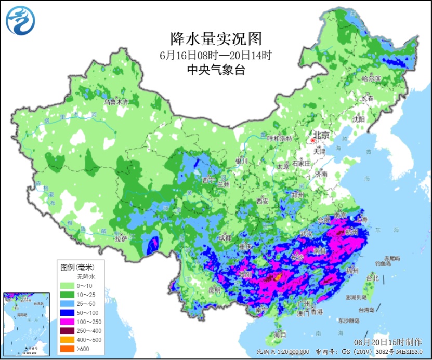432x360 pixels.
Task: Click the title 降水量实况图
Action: point(216,38)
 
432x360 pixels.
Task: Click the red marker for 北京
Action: point(313,140)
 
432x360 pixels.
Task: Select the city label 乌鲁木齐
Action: point(115,102)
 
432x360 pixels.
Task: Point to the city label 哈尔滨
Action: point(371,79)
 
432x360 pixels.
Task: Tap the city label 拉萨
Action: point(121,239)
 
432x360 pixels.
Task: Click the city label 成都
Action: point(225,237)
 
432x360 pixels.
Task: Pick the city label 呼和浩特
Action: point(280,138)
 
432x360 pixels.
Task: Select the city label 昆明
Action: point(214,289)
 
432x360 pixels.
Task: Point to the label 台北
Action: point(372,278)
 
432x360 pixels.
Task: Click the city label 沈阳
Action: point(359,119)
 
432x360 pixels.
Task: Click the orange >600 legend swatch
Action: point(67,348)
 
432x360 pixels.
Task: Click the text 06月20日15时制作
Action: point(387,342)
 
